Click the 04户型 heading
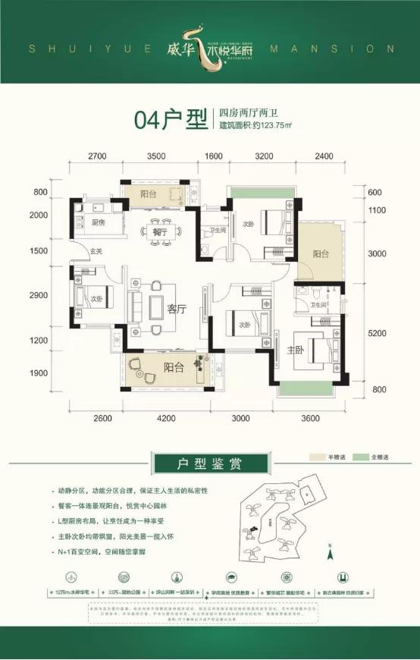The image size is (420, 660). point(170,120)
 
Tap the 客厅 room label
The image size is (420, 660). point(177,309)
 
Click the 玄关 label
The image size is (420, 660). point(96,251)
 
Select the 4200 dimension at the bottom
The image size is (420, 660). point(166,418)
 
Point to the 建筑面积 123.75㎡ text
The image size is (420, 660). point(255,127)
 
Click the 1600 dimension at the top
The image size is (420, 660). point(214,157)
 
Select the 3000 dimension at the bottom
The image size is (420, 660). point(240,418)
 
